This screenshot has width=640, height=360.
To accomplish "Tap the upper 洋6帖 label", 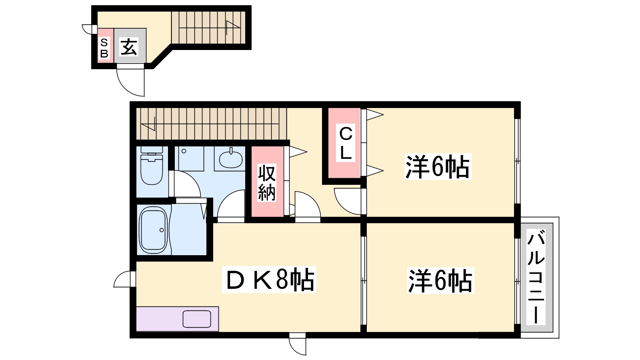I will coord(438,166).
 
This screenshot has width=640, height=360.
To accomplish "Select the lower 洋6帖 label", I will coord(440,280).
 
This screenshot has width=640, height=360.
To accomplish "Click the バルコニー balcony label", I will coord(536,277).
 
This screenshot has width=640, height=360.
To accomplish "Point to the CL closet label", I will coord(346,143).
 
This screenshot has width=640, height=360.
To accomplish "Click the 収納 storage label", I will coord(267,182).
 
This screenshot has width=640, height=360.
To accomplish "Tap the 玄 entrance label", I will coord(129,47).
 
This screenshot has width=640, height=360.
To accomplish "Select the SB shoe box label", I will coord(104,48).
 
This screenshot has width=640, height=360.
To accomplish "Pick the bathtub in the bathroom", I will coord(153,230).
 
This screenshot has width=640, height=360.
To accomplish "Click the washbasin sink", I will coord(230,159).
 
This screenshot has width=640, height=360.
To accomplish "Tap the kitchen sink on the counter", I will coord(197,319).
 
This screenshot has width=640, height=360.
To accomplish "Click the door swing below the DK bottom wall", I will coord(297,345).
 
